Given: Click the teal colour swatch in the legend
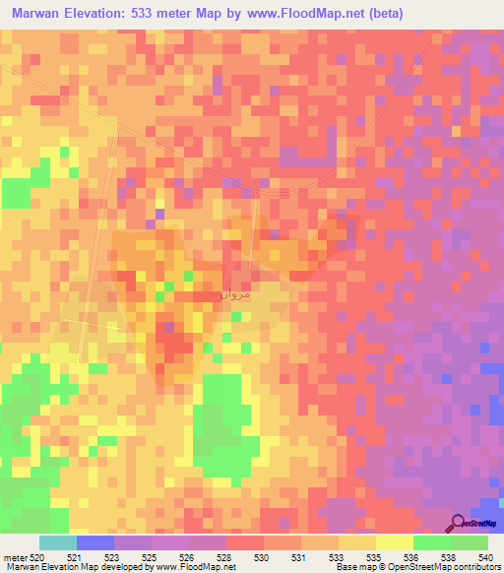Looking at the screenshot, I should pos(57,543).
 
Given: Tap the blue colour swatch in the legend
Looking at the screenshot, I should pos(94,543).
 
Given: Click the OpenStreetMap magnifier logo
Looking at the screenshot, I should pos(460,523).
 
